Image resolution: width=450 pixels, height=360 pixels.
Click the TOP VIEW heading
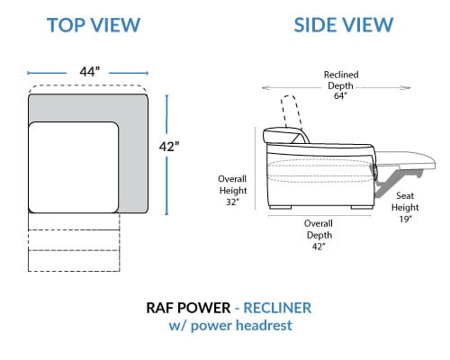point(94,25)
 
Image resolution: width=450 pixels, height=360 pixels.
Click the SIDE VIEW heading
point(344,25)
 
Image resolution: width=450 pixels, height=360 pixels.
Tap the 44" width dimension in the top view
point(90,72)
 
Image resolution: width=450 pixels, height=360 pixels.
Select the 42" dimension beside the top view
point(169,147)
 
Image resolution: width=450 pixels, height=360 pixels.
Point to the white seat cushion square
point(74,167)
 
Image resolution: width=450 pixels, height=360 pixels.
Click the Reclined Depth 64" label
point(341,85)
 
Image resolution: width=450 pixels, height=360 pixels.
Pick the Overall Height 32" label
point(233,191)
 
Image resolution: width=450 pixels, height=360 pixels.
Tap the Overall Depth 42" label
point(319,235)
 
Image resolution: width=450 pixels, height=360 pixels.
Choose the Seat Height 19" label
point(405,207)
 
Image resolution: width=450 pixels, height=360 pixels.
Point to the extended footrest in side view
point(405,158)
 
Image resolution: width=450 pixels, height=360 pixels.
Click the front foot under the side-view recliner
point(362,207)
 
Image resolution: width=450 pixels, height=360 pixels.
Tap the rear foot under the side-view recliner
point(281,207)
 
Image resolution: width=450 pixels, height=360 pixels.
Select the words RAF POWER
point(188,308)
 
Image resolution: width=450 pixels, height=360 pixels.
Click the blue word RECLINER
point(277,308)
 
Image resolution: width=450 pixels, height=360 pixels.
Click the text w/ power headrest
point(230,326)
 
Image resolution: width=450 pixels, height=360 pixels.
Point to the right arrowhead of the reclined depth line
point(407,88)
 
